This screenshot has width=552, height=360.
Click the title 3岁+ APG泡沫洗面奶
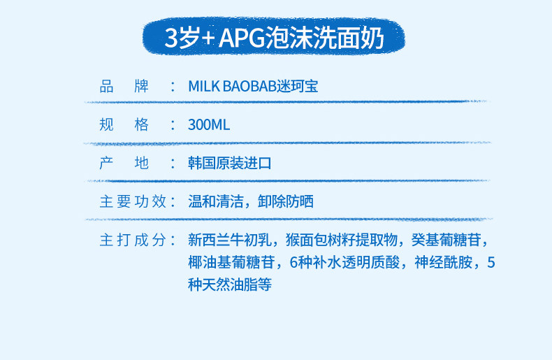pyautogui.click(x=274, y=37)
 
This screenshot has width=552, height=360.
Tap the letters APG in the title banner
pyautogui.click(x=242, y=38)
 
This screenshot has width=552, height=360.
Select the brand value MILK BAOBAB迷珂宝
pyautogui.click(x=253, y=86)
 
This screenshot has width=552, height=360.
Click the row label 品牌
pyautogui.click(x=124, y=86)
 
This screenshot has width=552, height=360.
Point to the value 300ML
pyautogui.click(x=209, y=124)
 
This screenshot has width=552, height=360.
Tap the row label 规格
pyautogui.click(x=124, y=124)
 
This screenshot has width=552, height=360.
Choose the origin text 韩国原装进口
pyautogui.click(x=229, y=163)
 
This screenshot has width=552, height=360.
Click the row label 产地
pyautogui.click(x=124, y=163)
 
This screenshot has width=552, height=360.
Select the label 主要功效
pyautogui.click(x=133, y=201)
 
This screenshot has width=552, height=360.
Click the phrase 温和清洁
pyautogui.click(x=216, y=201)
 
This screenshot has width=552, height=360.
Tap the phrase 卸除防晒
pyautogui.click(x=286, y=201)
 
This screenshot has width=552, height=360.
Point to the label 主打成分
pyautogui.click(x=133, y=240)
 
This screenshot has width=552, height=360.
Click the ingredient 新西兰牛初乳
pyautogui.click(x=229, y=240)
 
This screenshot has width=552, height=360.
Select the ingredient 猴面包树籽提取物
pyautogui.click(x=342, y=240)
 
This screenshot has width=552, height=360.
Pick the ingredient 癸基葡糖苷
pyautogui.click(x=446, y=240)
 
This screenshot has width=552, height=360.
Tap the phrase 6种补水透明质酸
pyautogui.click(x=344, y=262)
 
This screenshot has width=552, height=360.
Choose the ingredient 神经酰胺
pyautogui.click(x=443, y=262)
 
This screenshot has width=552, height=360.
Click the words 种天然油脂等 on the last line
pyautogui.click(x=229, y=285)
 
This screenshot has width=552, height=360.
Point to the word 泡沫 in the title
pyautogui.click(x=289, y=38)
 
